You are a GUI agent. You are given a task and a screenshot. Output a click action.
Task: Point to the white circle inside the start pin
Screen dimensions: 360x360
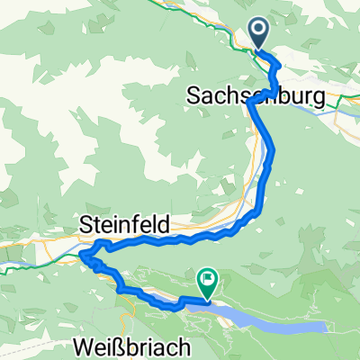(259, 31)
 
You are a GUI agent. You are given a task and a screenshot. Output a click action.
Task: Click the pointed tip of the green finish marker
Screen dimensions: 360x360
(208, 298)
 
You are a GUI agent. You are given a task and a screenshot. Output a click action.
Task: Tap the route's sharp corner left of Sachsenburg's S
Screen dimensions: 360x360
(247, 103)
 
